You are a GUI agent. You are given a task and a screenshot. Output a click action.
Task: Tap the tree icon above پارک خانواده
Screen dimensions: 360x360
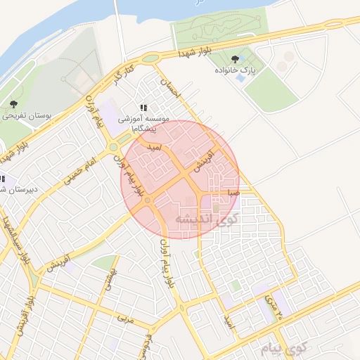tap(234, 60)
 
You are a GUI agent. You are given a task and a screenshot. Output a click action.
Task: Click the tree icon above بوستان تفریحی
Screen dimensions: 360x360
tap(13, 104)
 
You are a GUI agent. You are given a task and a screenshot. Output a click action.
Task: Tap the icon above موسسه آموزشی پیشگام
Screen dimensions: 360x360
tap(143, 108)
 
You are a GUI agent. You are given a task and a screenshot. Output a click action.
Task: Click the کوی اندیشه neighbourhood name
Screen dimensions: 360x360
tap(207, 218)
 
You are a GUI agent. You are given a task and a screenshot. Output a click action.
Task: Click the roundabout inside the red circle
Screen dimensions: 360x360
tap(148, 201)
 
